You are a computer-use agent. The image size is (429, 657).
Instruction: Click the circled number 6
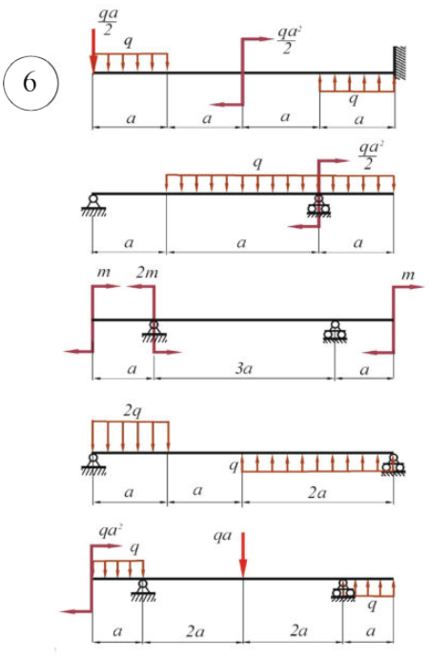click(31, 83)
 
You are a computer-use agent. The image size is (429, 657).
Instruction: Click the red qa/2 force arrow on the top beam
click(93, 51)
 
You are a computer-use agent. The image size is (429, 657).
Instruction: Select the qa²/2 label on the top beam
click(287, 41)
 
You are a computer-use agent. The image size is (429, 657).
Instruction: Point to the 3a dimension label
click(243, 368)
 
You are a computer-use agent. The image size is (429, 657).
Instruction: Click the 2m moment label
click(147, 273)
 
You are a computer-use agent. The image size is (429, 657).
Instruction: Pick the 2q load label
click(132, 411)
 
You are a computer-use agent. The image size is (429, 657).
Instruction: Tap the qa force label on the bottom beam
click(222, 536)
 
